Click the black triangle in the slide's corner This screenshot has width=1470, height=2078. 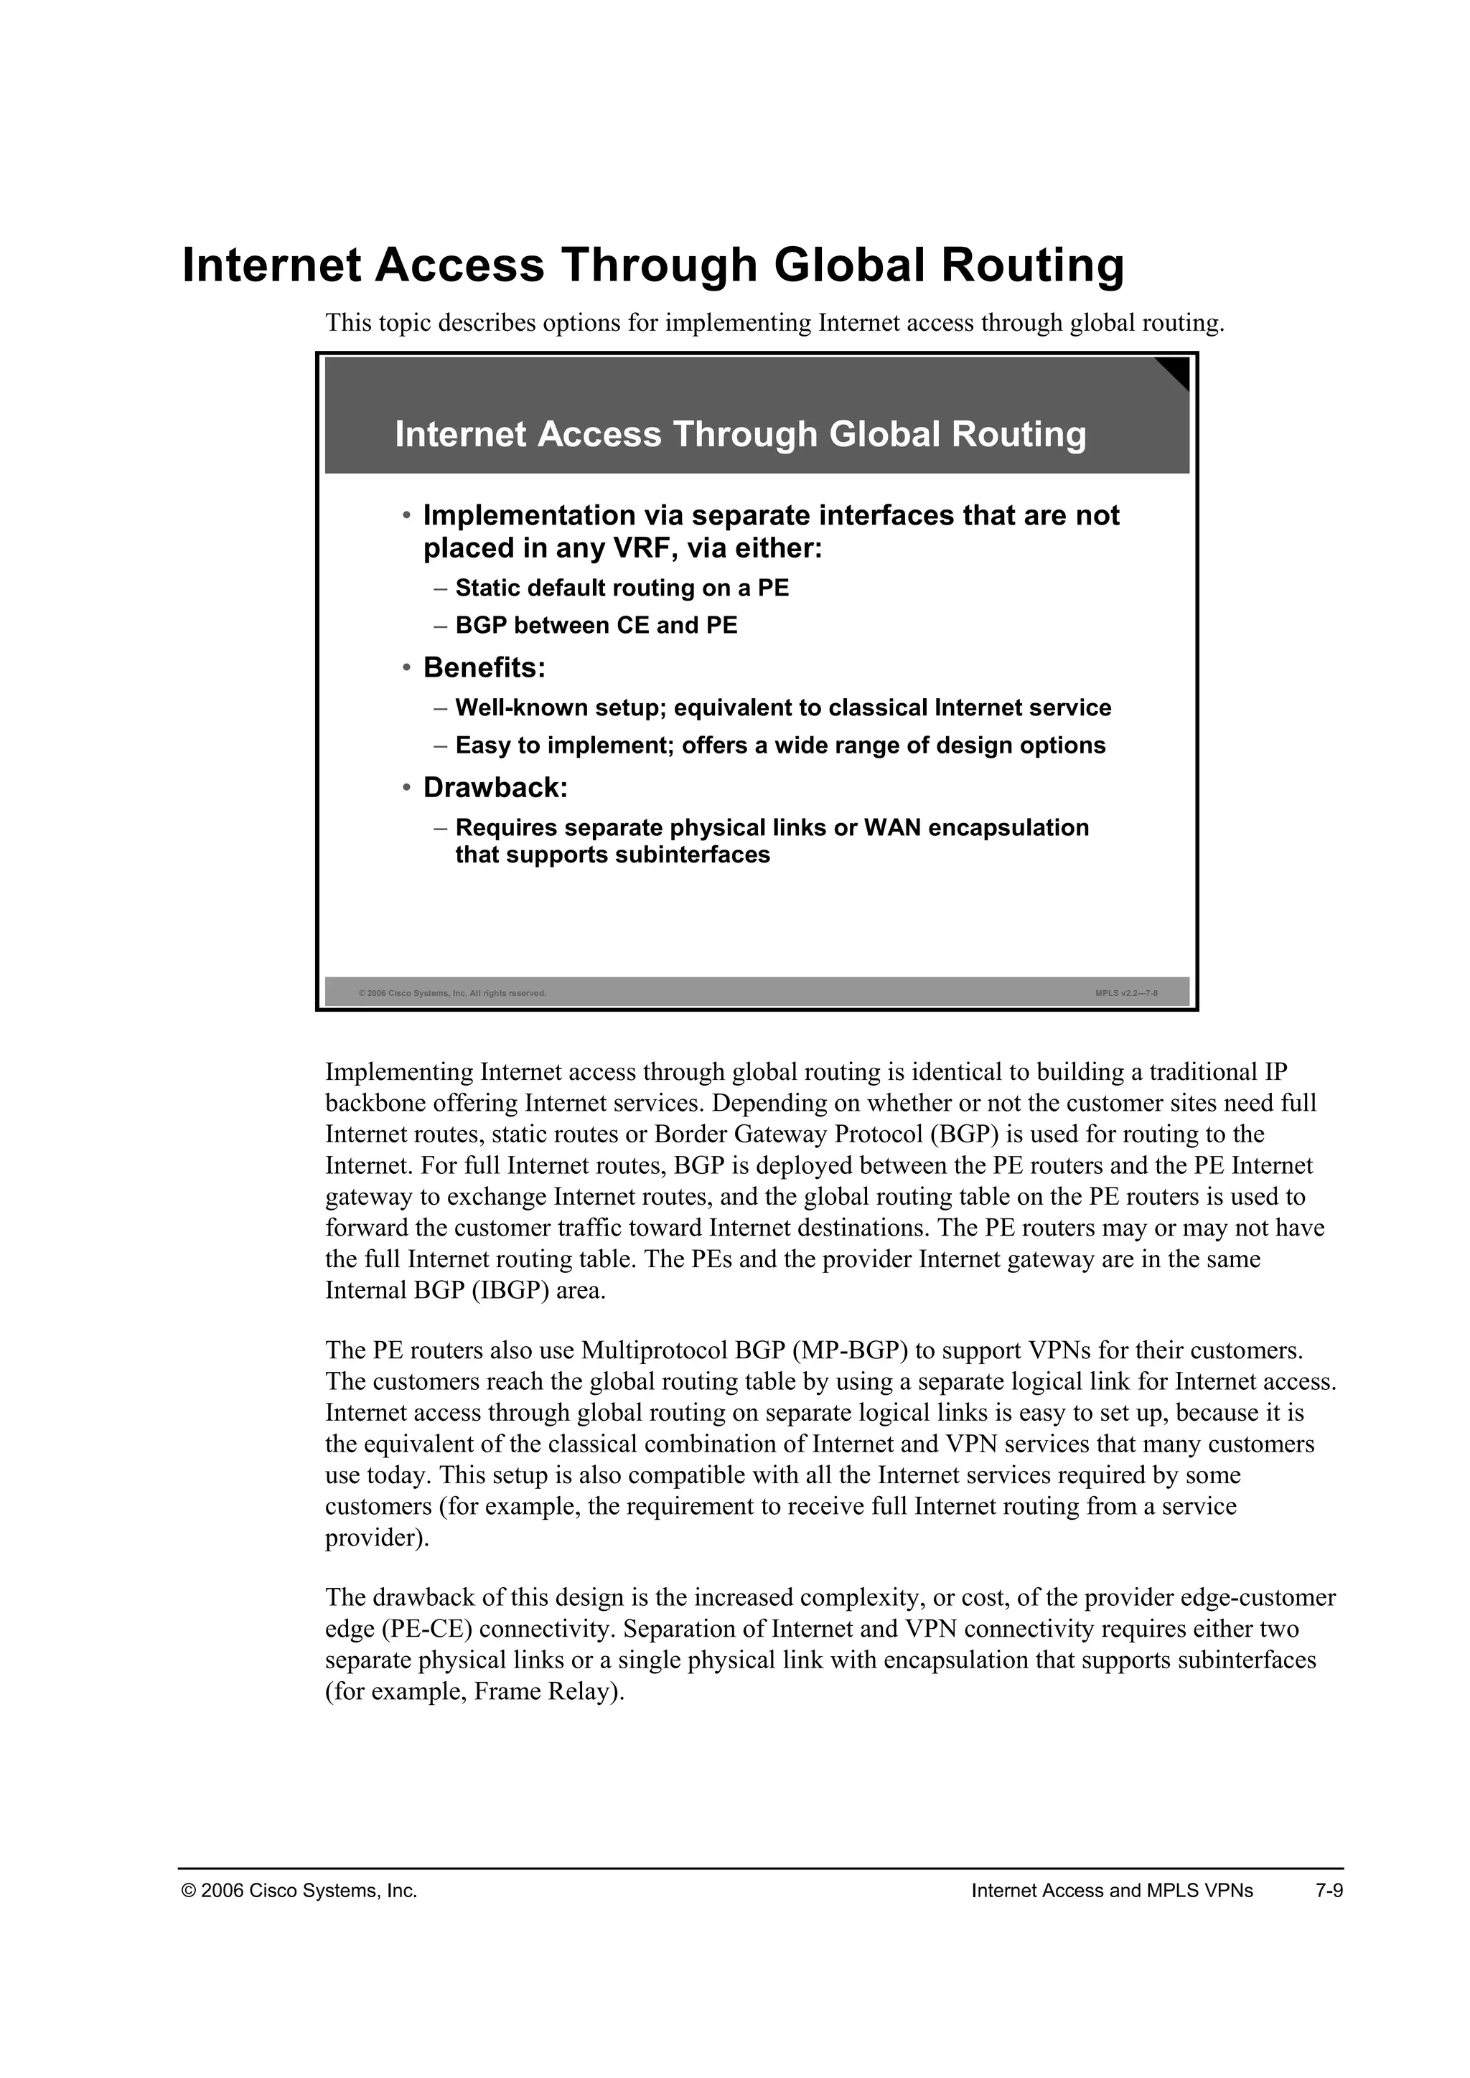[x=1176, y=370]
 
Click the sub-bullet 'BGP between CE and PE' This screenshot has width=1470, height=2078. [x=596, y=626]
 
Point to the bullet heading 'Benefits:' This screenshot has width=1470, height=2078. [x=484, y=668]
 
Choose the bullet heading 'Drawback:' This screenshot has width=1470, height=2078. [x=495, y=789]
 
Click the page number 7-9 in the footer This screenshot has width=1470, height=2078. [x=1329, y=1891]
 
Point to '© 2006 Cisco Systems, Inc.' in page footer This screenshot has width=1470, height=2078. [x=299, y=1891]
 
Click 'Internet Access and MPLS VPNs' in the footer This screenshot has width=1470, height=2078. [x=1112, y=1891]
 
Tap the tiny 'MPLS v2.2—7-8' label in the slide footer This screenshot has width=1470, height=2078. [x=1126, y=994]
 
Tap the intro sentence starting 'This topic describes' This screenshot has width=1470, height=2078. [x=774, y=322]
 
